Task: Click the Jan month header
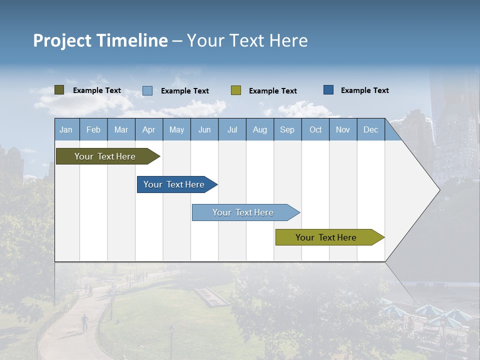[66, 129]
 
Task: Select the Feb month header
[93, 129]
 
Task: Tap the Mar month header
[121, 129]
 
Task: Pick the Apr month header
[148, 129]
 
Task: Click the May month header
[176, 129]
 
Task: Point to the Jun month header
[204, 129]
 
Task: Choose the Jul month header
[232, 129]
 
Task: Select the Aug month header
[259, 129]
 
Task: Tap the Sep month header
[287, 129]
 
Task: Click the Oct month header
[315, 129]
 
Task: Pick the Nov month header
[343, 129]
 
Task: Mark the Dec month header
[370, 129]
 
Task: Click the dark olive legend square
[59, 90]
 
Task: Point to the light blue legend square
[147, 90]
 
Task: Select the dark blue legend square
[328, 90]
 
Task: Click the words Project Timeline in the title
[100, 40]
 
